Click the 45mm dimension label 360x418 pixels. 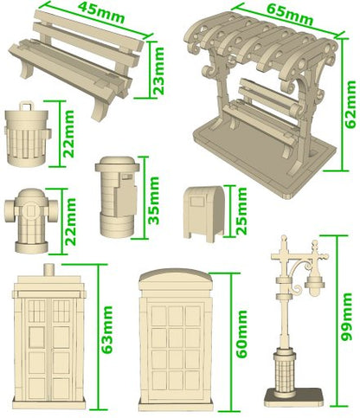(x=101, y=12)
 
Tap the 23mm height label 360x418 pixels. (x=158, y=71)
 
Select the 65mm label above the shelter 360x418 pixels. (x=289, y=14)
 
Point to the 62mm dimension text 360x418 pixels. (x=350, y=105)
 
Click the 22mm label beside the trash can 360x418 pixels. (x=68, y=134)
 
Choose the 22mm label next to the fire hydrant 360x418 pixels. (x=70, y=222)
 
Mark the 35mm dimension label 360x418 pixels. (x=153, y=200)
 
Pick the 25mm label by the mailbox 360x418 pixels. (x=241, y=211)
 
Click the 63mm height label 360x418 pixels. (x=106, y=330)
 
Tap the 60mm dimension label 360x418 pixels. (x=241, y=334)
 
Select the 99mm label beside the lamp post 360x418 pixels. (x=346, y=317)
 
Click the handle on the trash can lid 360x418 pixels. (x=27, y=105)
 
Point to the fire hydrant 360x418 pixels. (x=31, y=221)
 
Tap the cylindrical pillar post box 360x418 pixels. (x=118, y=196)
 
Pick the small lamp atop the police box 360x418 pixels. (x=49, y=269)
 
